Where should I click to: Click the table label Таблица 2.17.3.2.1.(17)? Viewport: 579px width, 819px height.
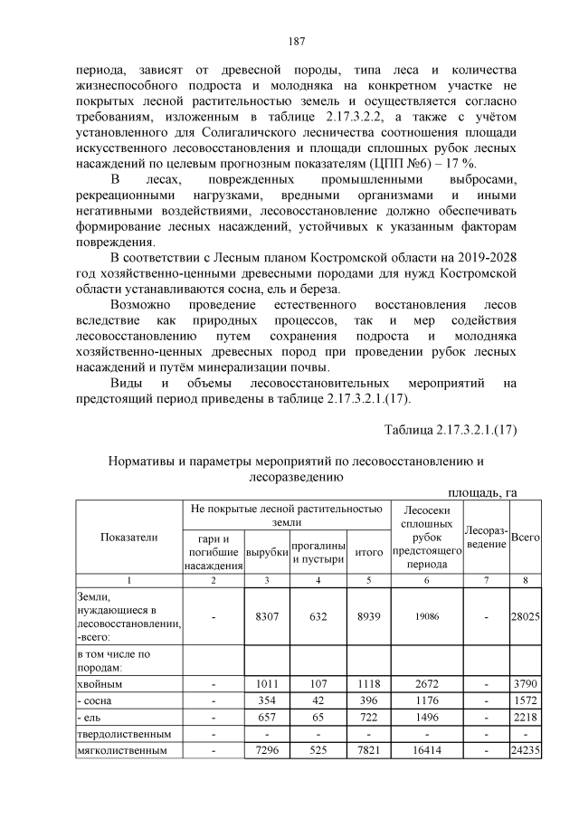(x=450, y=429)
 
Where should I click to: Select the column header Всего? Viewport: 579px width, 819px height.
(x=526, y=538)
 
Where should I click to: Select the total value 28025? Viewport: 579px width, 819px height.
(x=526, y=615)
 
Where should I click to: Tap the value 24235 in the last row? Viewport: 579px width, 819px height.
(x=526, y=749)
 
